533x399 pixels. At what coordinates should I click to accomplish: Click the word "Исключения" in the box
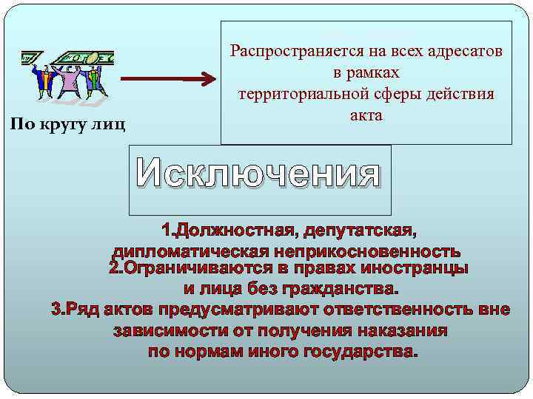tap(258, 175)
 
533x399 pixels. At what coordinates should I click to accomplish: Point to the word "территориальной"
tap(304, 94)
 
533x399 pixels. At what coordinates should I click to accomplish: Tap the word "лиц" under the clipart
tap(110, 123)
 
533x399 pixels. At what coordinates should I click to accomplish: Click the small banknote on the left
tap(32, 58)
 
